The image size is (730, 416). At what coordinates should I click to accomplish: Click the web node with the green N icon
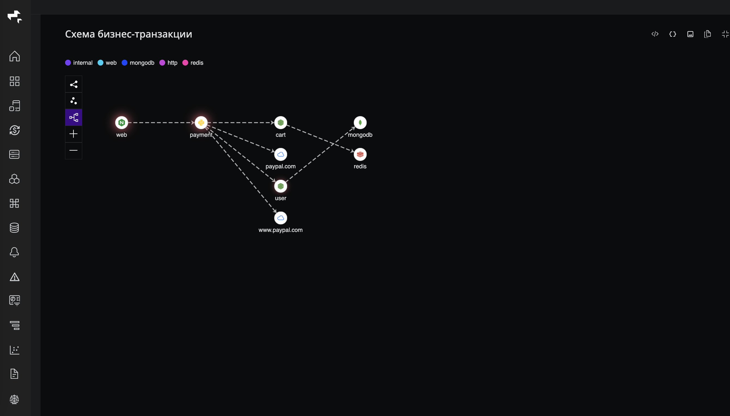coord(121,123)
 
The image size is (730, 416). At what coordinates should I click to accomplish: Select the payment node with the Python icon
coord(201,123)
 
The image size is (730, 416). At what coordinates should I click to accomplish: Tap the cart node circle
coord(281,123)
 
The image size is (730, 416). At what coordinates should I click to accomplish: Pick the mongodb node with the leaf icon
coord(360,123)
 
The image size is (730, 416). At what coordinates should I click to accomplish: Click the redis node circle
coord(360,154)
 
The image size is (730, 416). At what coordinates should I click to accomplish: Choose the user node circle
coord(281,186)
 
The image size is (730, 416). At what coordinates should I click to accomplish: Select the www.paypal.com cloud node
coord(281,218)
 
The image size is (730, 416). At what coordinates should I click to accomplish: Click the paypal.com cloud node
coord(281,154)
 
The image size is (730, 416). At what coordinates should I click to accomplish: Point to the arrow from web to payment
coord(161,123)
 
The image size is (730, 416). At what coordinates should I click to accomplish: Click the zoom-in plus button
coord(73,134)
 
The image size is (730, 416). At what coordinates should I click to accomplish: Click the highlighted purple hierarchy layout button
coord(73,117)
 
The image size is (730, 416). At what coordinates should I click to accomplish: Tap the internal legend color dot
coord(68,63)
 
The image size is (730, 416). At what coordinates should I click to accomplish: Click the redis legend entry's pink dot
coord(185,63)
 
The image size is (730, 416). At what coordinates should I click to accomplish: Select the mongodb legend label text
coord(142,63)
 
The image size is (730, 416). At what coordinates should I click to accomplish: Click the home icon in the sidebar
coord(15,56)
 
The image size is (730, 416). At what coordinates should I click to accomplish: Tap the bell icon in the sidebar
coord(14,252)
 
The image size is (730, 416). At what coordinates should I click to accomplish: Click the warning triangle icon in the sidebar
coord(15,277)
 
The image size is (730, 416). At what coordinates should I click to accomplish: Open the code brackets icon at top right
coord(655,34)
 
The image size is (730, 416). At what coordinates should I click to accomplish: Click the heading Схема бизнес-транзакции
coord(128,34)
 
